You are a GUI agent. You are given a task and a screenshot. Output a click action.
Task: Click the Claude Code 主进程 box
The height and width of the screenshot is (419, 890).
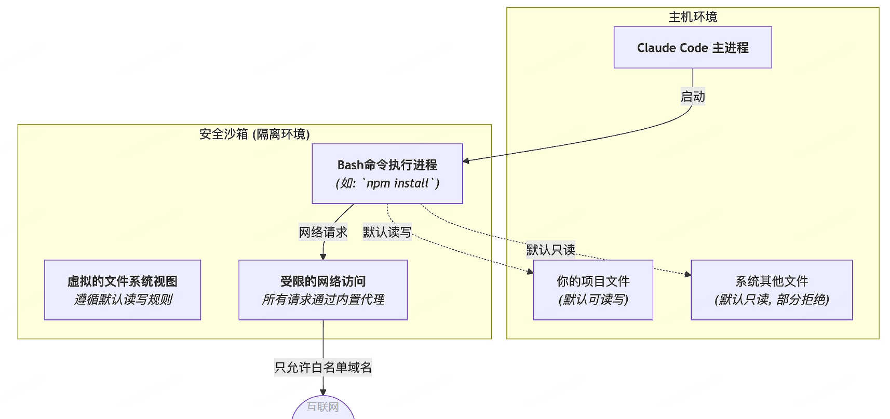pos(692,48)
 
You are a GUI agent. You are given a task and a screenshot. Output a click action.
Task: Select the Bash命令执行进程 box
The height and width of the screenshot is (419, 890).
pos(387,173)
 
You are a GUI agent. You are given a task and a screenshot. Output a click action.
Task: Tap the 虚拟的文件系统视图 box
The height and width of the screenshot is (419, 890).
pos(122,290)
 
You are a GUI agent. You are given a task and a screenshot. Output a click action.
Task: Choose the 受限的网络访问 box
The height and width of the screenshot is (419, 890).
pos(322,290)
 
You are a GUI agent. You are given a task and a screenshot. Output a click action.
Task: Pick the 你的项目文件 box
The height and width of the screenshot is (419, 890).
pos(592,290)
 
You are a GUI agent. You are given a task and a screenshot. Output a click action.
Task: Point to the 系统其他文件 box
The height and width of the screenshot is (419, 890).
pos(771,290)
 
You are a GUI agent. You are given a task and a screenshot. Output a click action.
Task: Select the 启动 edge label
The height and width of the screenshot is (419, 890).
pos(693,97)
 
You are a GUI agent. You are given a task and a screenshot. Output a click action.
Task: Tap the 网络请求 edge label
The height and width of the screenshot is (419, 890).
pos(322,232)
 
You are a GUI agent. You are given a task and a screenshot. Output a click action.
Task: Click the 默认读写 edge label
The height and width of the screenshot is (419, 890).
pos(387,232)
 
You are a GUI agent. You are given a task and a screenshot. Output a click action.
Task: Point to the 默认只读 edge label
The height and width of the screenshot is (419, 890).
pos(550,250)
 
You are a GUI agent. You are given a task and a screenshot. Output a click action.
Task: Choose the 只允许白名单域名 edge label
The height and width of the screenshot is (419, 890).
pos(322,368)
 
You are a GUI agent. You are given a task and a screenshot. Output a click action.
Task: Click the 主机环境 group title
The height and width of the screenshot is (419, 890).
pos(693,17)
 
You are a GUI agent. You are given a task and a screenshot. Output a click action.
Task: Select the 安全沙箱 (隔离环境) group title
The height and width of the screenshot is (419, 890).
pos(254,134)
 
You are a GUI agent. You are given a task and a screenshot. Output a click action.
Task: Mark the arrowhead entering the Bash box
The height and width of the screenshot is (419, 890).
pos(466,161)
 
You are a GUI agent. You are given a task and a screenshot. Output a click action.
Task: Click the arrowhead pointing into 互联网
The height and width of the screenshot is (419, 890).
pos(323,393)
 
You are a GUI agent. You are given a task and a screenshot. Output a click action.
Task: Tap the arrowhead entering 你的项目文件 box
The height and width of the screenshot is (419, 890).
pos(530,272)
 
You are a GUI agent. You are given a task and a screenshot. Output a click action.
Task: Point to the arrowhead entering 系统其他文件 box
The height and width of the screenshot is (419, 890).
pos(688,274)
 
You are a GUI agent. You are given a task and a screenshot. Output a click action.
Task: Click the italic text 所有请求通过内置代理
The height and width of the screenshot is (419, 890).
pos(322,300)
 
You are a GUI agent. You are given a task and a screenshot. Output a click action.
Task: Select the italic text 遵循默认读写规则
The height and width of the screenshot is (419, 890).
pos(123,300)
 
